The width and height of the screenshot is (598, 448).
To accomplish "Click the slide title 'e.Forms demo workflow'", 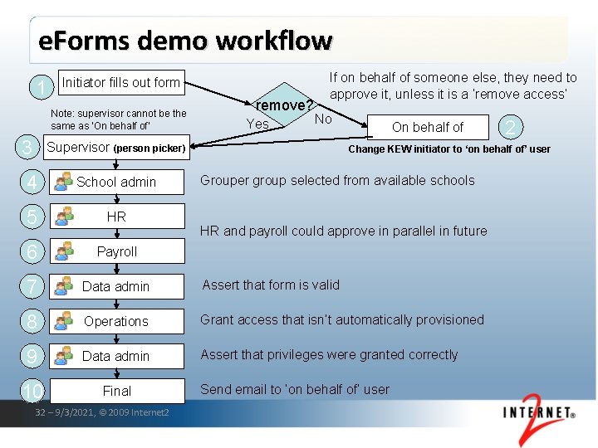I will (185, 41).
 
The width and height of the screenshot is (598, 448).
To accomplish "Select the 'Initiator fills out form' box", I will (120, 82).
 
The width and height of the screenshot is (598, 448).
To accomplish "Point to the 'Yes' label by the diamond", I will (257, 124).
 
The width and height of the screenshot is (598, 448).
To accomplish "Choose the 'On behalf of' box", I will (427, 127).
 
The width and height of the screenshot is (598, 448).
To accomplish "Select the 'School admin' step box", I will (115, 182).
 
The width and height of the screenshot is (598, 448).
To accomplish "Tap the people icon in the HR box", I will (63, 217).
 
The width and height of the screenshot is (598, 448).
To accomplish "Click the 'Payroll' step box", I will (115, 251).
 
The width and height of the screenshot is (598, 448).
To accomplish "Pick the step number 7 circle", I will (31, 286).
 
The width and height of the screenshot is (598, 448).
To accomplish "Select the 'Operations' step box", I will (115, 321).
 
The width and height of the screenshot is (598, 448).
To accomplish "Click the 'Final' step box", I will (115, 391).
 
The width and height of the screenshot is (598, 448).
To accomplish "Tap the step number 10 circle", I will (32, 391).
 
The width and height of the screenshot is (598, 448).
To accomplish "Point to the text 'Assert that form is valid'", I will (271, 285).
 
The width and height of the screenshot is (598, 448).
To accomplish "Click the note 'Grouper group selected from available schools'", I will (338, 180).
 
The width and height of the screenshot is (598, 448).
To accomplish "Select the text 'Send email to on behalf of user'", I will (295, 389).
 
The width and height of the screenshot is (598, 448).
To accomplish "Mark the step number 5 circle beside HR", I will (31, 217).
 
